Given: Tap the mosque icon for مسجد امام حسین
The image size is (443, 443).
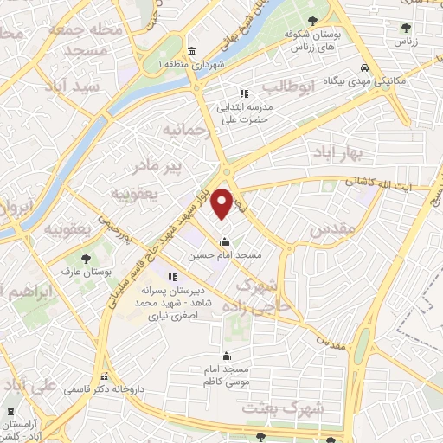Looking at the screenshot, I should [225, 242].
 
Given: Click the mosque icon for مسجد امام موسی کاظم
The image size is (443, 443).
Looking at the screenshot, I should [227, 355].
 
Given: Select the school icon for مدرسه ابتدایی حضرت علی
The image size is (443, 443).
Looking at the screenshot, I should [244, 93].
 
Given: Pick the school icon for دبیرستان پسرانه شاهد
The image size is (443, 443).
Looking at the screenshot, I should [172, 277].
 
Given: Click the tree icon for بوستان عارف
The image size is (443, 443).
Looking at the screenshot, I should [85, 258].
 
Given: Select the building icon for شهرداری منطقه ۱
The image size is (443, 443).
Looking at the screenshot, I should [190, 52].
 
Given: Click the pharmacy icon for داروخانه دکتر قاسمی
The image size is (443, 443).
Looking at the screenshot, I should [105, 377].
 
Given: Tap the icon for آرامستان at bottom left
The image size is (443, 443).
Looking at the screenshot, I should [10, 413].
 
